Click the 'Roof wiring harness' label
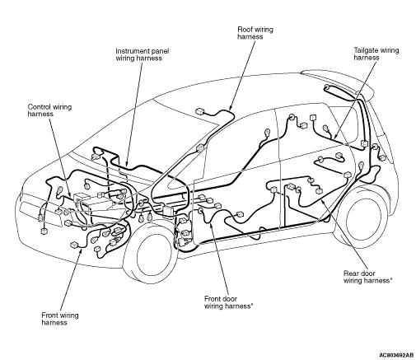pos(255,33)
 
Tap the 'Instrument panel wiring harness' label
pos(142,54)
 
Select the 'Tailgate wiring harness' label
pos(376,54)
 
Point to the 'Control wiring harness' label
pos(49,110)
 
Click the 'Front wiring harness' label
pos(60,319)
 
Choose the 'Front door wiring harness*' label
pos(228,302)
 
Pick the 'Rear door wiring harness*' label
pos(367,277)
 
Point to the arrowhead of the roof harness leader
pos(230,108)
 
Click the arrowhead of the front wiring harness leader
pos(81,251)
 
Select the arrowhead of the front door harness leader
pos(211,224)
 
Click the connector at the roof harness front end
pos(199,111)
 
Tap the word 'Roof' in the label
pos(244,30)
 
